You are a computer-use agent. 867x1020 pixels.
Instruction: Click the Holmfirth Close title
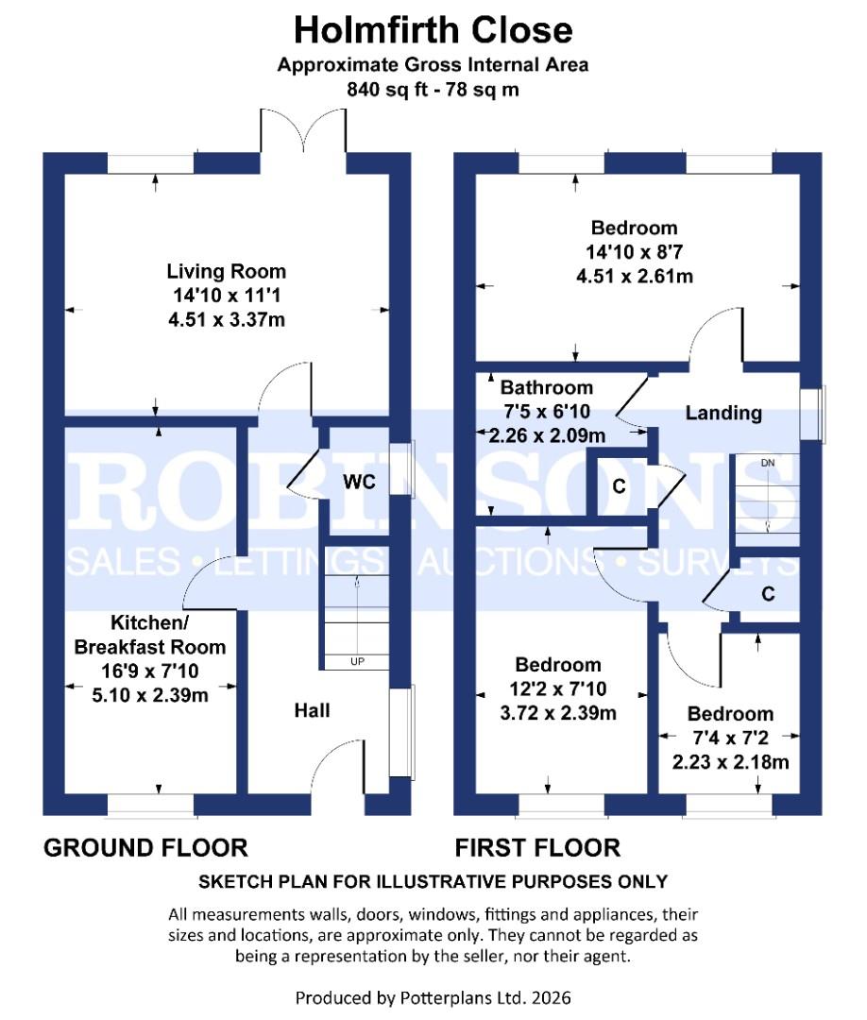[x=433, y=30]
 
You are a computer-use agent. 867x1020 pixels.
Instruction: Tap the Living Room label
[x=226, y=272]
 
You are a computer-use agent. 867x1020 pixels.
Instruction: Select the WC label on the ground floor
[x=360, y=483]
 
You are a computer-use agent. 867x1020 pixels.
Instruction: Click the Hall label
[x=312, y=709]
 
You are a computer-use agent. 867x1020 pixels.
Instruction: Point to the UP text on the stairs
[x=357, y=661]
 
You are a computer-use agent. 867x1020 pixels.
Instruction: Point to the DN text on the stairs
[x=768, y=463]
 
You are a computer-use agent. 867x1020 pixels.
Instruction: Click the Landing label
[x=723, y=413]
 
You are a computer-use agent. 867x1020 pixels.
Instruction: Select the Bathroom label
[x=547, y=387]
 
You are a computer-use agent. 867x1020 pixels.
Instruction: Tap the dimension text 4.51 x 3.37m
[x=226, y=320]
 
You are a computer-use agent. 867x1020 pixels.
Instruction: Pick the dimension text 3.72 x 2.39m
[x=559, y=713]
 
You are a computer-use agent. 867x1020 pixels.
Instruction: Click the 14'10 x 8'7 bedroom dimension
[x=634, y=252]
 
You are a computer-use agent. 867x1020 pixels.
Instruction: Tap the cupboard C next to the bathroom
[x=619, y=487]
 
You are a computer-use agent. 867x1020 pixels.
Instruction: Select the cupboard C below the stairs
[x=768, y=594]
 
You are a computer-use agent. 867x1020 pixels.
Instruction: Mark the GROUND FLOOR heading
[x=145, y=847]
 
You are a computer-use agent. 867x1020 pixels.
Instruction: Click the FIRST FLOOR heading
[x=537, y=847]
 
